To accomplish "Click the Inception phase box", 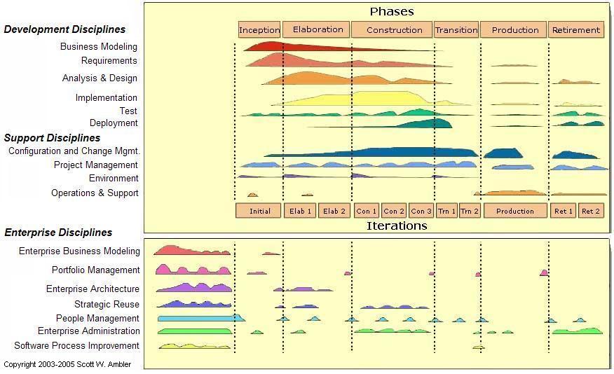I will point(259,29).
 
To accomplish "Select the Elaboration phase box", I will point(318,29).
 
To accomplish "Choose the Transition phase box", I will point(456,30).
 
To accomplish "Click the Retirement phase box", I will point(576,30).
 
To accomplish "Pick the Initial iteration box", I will point(259,211).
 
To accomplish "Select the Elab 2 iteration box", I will point(334,211).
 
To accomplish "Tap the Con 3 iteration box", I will point(421,211).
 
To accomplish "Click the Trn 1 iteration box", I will point(447,211).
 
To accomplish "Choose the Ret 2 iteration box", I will point(591,211).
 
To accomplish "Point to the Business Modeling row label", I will point(99,47).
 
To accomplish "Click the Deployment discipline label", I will point(114,123).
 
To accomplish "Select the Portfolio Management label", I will point(96,270).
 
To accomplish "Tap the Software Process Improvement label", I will point(77,346).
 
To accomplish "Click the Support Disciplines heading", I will point(53,138).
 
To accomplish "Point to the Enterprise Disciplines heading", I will point(58,233).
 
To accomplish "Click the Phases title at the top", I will point(392,11).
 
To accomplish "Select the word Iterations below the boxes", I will point(397,226).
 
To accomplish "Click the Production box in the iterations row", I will point(515,211).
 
